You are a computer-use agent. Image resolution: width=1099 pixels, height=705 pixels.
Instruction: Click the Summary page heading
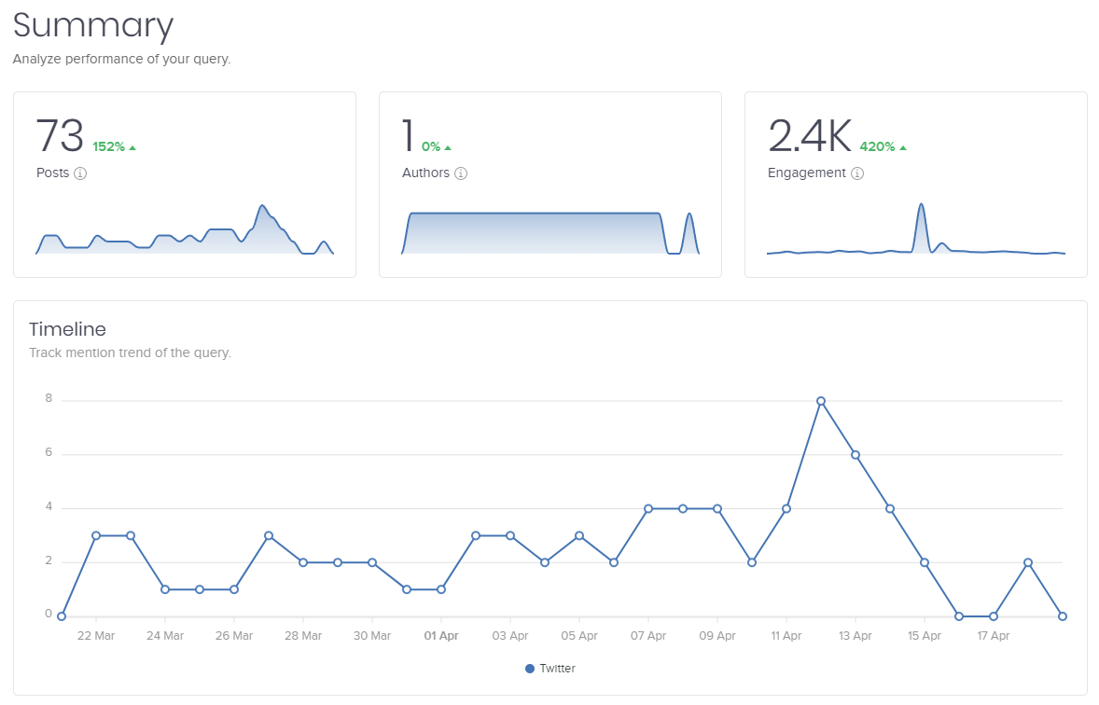pyautogui.click(x=93, y=26)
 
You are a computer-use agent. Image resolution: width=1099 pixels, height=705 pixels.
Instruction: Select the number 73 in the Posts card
pyautogui.click(x=60, y=136)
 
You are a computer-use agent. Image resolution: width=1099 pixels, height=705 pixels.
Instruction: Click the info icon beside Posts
pyautogui.click(x=80, y=173)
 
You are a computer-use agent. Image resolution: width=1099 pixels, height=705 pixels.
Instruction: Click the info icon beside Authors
pyautogui.click(x=461, y=173)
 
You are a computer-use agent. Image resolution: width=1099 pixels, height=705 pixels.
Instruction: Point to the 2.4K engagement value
pyautogui.click(x=809, y=136)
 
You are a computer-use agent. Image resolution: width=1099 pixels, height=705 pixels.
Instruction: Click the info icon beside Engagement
pyautogui.click(x=857, y=173)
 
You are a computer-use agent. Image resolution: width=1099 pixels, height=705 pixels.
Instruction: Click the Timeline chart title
pyautogui.click(x=67, y=329)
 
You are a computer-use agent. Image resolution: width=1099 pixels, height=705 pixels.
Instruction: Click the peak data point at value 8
pyautogui.click(x=821, y=401)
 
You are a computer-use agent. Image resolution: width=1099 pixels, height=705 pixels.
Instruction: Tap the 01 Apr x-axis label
pyautogui.click(x=441, y=636)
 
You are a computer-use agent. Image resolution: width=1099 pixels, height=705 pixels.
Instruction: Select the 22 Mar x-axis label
pyautogui.click(x=96, y=636)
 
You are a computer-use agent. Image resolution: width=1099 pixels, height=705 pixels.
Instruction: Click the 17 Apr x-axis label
pyautogui.click(x=994, y=636)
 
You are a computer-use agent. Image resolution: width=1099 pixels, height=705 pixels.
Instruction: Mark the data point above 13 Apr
pyautogui.click(x=856, y=455)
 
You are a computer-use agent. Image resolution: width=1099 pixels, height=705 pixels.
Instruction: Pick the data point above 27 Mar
pyautogui.click(x=269, y=535)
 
